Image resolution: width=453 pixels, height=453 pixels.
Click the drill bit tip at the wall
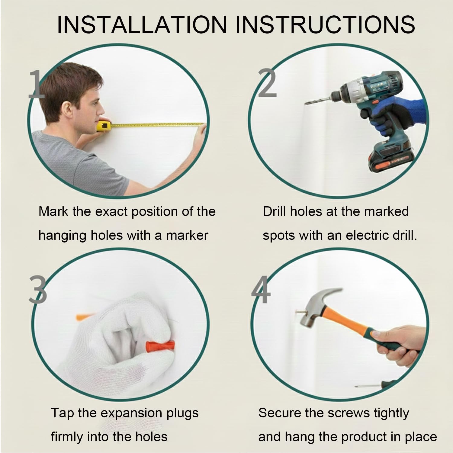point(306,103)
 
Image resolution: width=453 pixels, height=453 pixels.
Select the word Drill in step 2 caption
point(275,211)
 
